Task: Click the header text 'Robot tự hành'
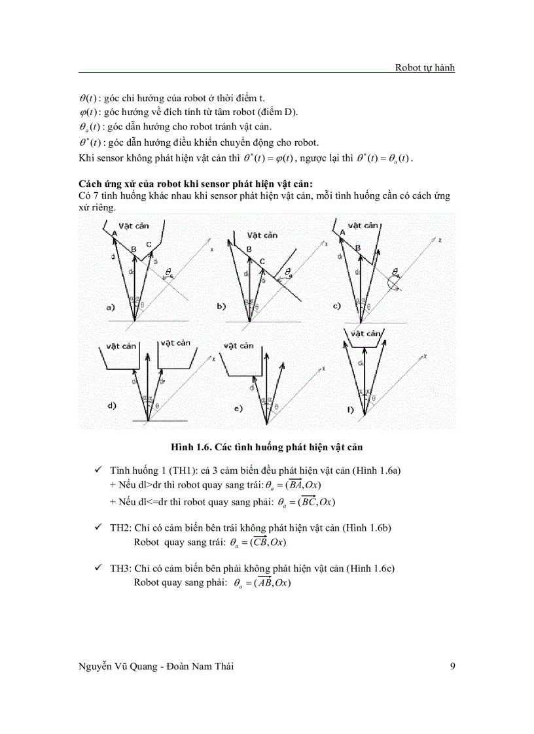[x=425, y=67]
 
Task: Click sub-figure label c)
[x=336, y=305]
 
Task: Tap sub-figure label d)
[x=112, y=405]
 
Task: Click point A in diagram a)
[x=114, y=233]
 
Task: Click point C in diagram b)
[x=261, y=261]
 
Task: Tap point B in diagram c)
[x=357, y=248]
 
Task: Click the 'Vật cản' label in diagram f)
[x=365, y=333]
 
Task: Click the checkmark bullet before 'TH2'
[x=98, y=527]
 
